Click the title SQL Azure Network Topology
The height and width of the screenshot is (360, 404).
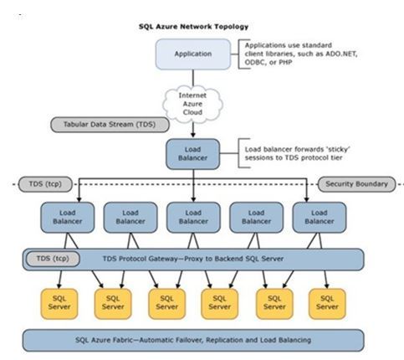point(193,26)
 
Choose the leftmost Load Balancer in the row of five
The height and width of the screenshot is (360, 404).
point(65,217)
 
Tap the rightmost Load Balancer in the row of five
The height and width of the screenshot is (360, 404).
point(319,217)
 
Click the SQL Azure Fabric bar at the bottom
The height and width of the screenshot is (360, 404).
point(192,340)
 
